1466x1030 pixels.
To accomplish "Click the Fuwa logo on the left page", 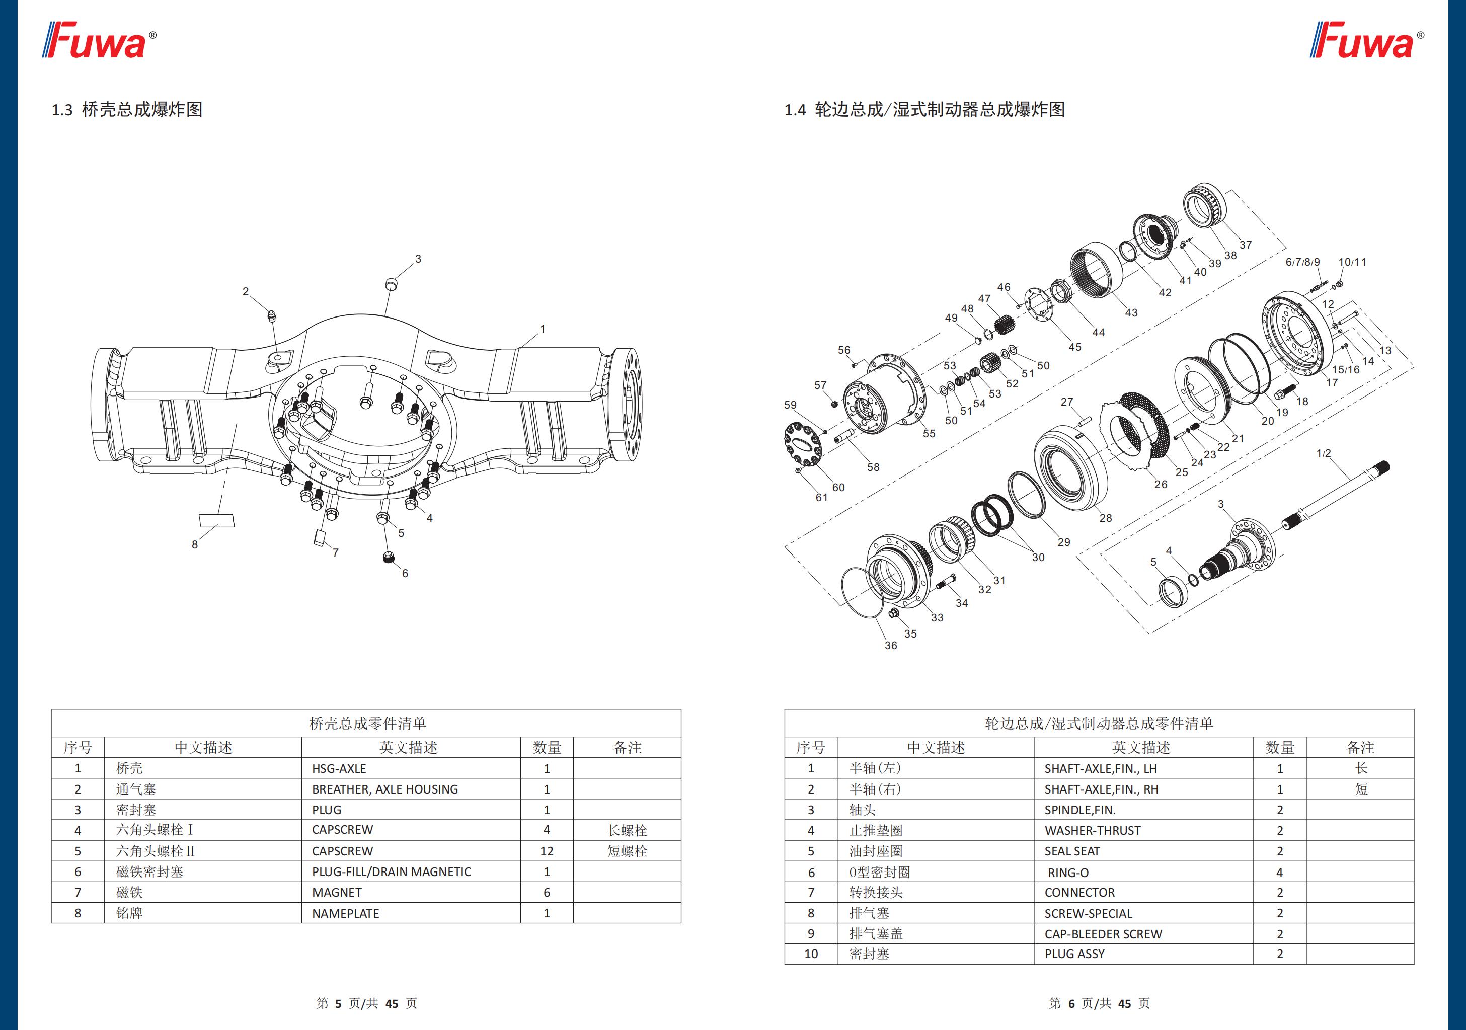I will [x=99, y=40].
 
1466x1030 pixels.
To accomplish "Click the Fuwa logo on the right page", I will [x=1366, y=40].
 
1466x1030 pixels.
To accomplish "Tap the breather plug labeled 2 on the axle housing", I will [x=271, y=315].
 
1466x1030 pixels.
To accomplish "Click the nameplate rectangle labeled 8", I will [x=217, y=520].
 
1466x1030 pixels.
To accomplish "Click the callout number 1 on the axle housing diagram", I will [x=542, y=329].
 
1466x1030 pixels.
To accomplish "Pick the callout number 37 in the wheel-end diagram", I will [x=1245, y=245].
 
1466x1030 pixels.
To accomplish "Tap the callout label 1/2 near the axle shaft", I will [x=1324, y=453].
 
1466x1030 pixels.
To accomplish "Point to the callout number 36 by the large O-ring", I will [x=891, y=646].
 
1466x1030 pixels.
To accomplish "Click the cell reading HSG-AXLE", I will [x=339, y=769].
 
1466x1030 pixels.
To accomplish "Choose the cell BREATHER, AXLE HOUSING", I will [x=385, y=789].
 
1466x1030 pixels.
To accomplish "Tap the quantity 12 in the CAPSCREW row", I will [x=547, y=851].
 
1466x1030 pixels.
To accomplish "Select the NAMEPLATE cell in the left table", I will [x=345, y=914].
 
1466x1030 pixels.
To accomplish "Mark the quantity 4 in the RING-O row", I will [x=1280, y=873].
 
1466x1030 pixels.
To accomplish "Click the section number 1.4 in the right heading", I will [x=795, y=110].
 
